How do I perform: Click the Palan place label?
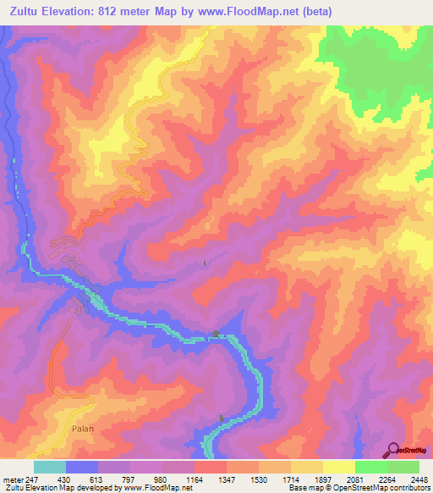tap(82, 429)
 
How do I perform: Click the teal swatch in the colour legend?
tap(50, 467)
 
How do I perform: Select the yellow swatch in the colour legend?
tap(339, 467)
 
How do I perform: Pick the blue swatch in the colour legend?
tap(82, 467)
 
